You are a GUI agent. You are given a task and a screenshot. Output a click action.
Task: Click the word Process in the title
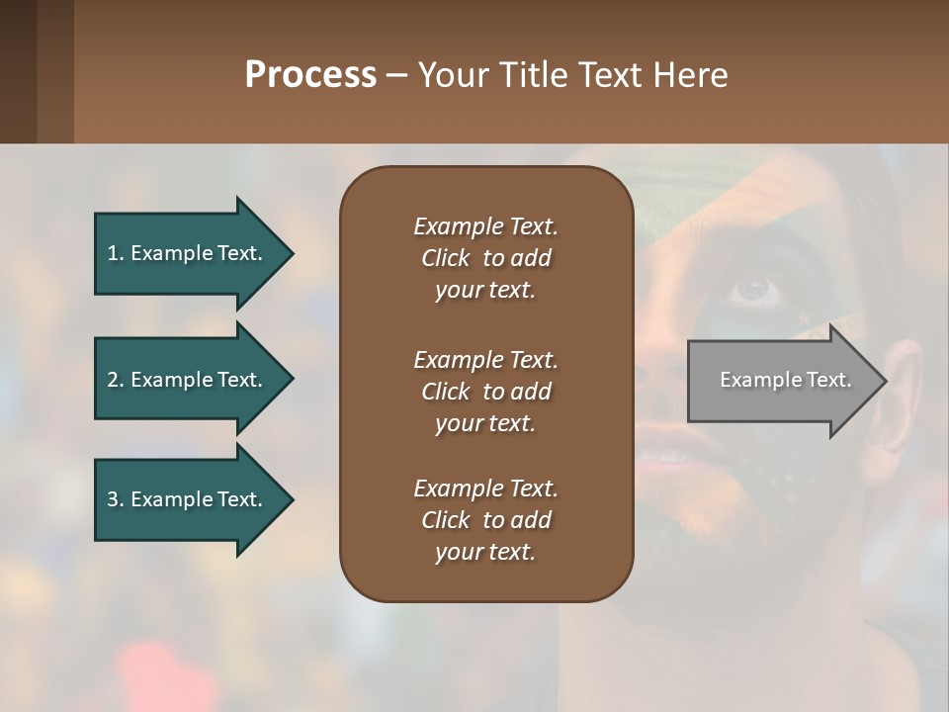tap(310, 75)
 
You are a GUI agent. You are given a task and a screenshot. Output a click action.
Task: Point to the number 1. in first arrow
tap(116, 253)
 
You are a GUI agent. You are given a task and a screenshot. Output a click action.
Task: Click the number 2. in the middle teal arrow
tap(116, 380)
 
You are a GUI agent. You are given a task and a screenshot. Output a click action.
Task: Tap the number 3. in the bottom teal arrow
tap(116, 499)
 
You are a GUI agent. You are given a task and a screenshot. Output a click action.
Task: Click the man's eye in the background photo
tap(754, 288)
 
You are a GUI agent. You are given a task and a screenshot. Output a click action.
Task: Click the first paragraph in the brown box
tap(485, 258)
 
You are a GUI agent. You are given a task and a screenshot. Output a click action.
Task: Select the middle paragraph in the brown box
tap(485, 392)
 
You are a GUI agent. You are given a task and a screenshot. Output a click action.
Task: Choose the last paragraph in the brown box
tap(485, 520)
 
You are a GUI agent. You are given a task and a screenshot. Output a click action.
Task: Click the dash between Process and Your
tap(397, 75)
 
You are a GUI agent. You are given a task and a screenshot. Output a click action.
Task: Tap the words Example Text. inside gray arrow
tap(786, 380)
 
